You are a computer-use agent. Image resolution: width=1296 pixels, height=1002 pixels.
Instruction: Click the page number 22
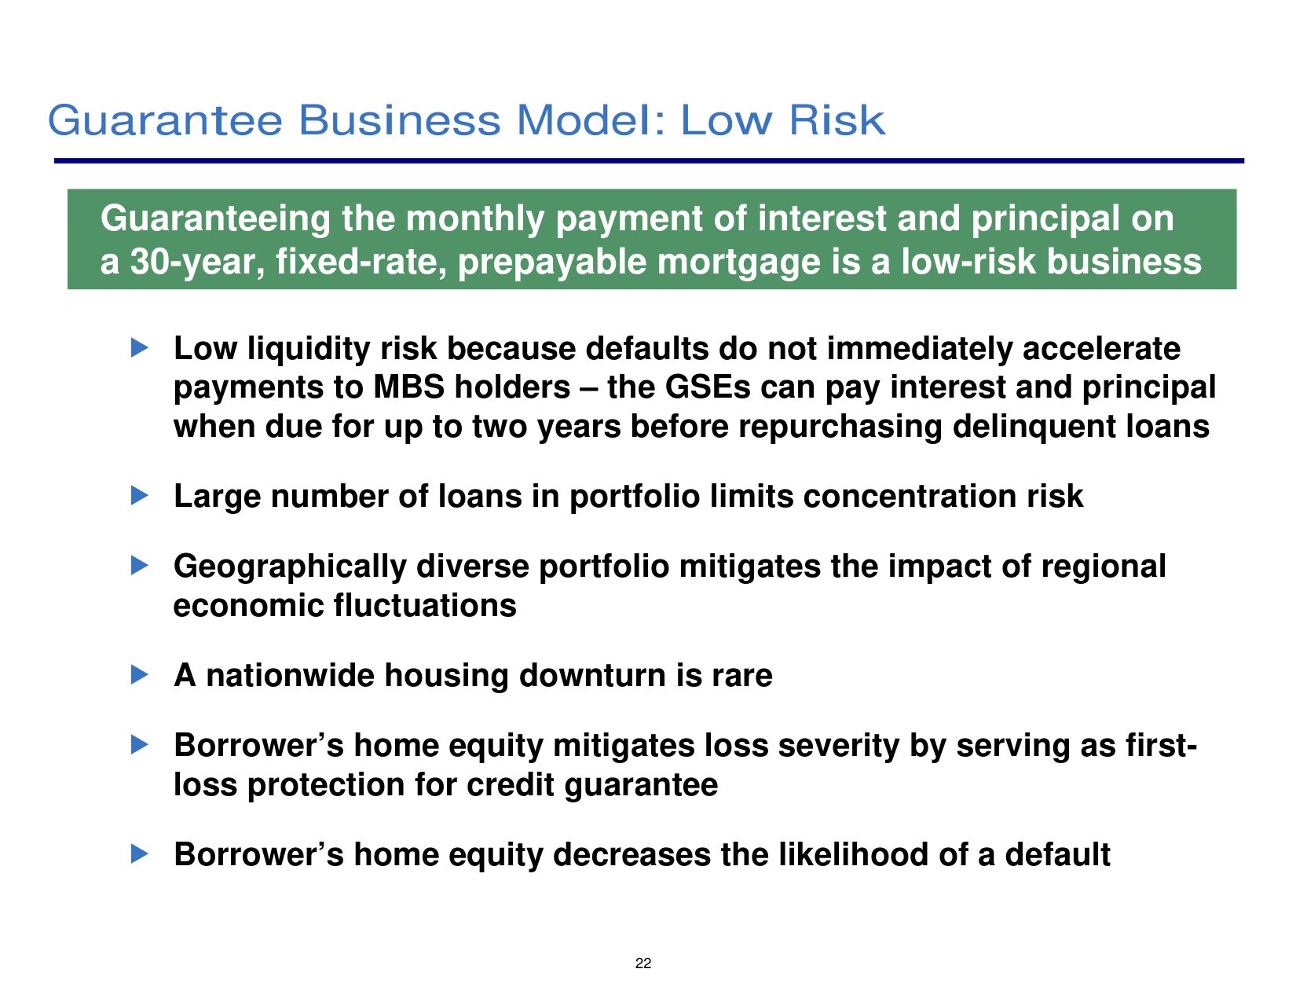(x=643, y=963)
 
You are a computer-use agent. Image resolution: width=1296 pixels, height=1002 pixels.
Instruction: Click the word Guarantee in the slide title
(x=165, y=120)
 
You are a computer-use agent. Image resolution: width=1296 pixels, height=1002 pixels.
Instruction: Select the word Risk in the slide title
(x=837, y=120)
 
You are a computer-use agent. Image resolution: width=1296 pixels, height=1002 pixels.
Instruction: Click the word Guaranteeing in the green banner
(x=215, y=219)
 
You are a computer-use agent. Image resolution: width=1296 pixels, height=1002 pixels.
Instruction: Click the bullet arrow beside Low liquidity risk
(x=140, y=347)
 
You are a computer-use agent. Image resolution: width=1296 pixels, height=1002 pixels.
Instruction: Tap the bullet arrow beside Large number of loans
(x=140, y=495)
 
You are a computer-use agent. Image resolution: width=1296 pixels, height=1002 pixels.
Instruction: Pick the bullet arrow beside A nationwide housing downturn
(x=140, y=674)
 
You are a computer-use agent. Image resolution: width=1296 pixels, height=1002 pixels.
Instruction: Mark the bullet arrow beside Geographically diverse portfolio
(x=140, y=565)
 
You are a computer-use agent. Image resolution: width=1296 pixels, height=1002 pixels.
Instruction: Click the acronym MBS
(x=408, y=387)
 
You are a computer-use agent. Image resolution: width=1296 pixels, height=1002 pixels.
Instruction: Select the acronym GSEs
(x=708, y=387)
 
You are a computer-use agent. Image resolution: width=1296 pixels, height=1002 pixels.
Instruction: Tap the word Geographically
(x=290, y=567)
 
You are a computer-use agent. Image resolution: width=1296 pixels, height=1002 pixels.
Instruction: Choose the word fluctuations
(x=425, y=606)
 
